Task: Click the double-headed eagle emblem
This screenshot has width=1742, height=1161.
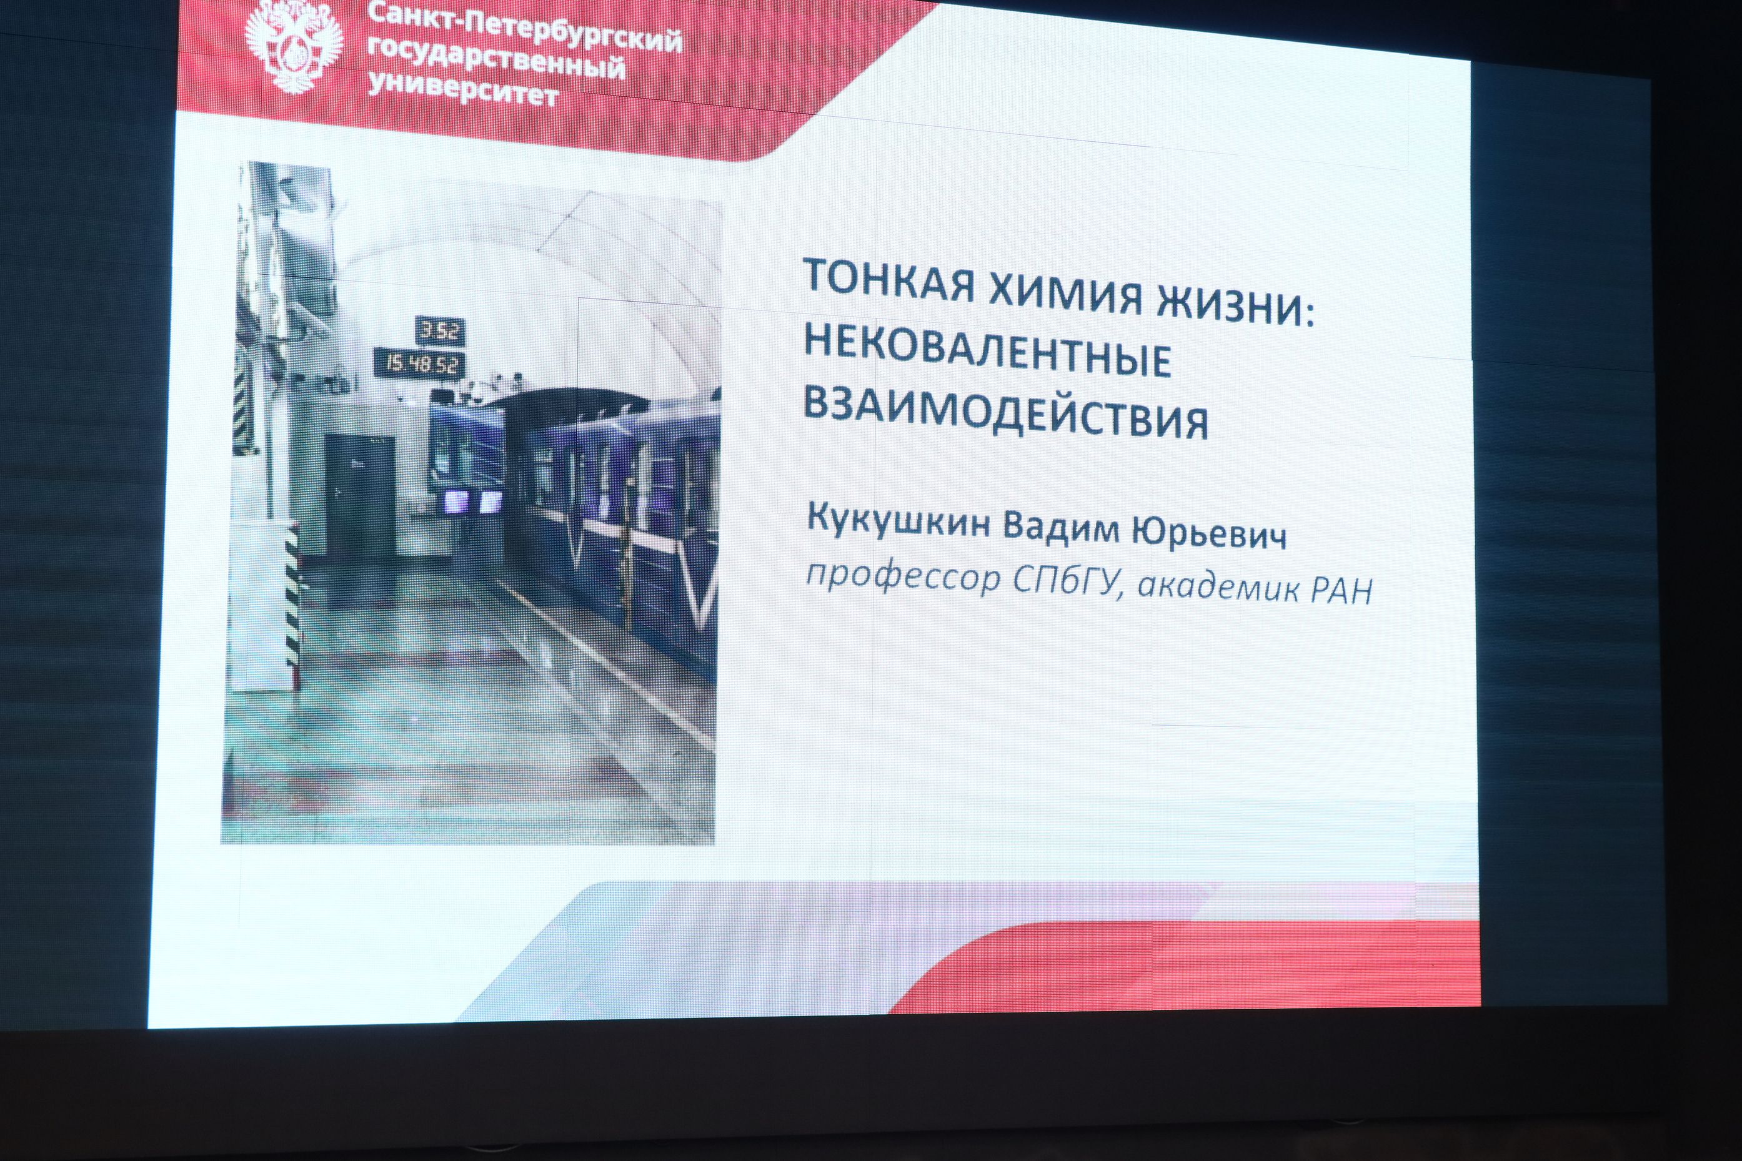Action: click(x=294, y=49)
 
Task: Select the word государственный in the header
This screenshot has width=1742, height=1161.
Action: click(x=496, y=61)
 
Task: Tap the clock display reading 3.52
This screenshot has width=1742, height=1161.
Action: click(x=440, y=331)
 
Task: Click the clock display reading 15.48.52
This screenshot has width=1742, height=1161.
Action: click(x=420, y=363)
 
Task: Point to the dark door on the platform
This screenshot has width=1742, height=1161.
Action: click(x=360, y=497)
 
